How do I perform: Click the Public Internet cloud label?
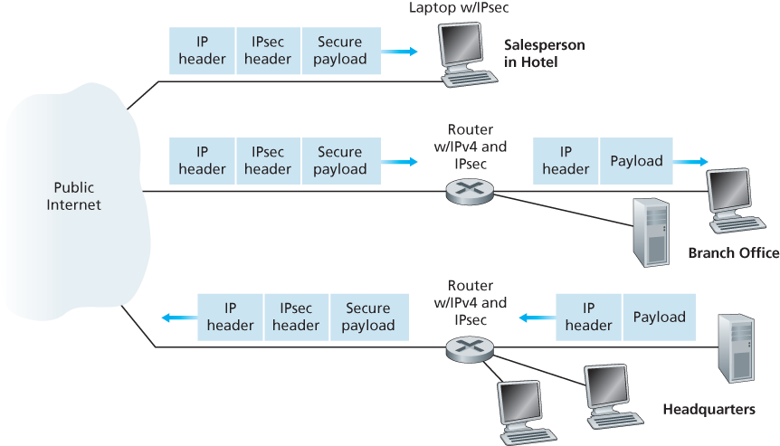(x=74, y=196)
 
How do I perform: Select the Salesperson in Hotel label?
(x=544, y=53)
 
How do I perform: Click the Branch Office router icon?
(x=469, y=191)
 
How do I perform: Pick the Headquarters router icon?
(x=469, y=346)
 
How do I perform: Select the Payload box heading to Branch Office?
(x=636, y=161)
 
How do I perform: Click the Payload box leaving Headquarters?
(x=659, y=317)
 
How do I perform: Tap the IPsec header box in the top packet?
(x=268, y=51)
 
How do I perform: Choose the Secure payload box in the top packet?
(x=340, y=51)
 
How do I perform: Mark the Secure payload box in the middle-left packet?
(x=340, y=160)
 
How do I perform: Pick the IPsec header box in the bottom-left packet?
(x=296, y=317)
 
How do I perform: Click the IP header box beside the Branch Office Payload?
(x=566, y=161)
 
